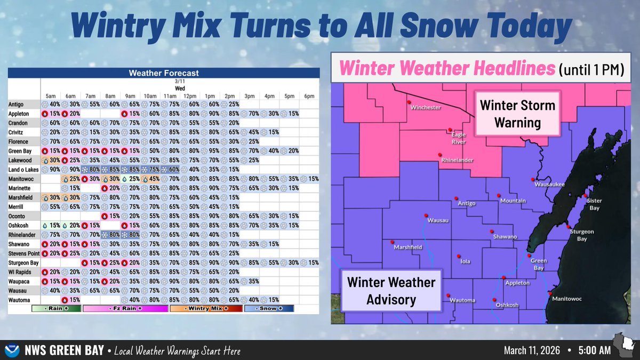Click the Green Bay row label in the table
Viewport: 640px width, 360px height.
(20, 151)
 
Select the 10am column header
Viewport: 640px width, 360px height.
(150, 97)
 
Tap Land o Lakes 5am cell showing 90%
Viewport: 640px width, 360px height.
(51, 170)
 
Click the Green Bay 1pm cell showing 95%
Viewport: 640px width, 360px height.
(210, 151)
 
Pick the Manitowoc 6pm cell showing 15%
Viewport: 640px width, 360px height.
(309, 179)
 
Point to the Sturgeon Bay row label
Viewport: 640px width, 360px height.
(23, 263)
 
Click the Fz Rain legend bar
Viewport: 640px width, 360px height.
(125, 309)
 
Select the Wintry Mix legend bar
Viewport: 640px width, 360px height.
(206, 309)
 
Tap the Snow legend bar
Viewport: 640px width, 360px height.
(269, 309)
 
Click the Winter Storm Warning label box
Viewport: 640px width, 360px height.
(517, 114)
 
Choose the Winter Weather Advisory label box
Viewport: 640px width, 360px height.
(391, 291)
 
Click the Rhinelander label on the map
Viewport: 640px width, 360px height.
(457, 160)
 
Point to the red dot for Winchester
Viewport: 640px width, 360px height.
(409, 102)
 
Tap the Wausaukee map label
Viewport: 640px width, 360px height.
(549, 185)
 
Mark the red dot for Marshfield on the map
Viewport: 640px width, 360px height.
(393, 242)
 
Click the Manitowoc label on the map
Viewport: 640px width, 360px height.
(567, 299)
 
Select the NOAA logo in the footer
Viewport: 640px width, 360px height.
(12, 350)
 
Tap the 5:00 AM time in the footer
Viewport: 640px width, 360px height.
(595, 350)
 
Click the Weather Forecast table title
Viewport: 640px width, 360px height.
(164, 73)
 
